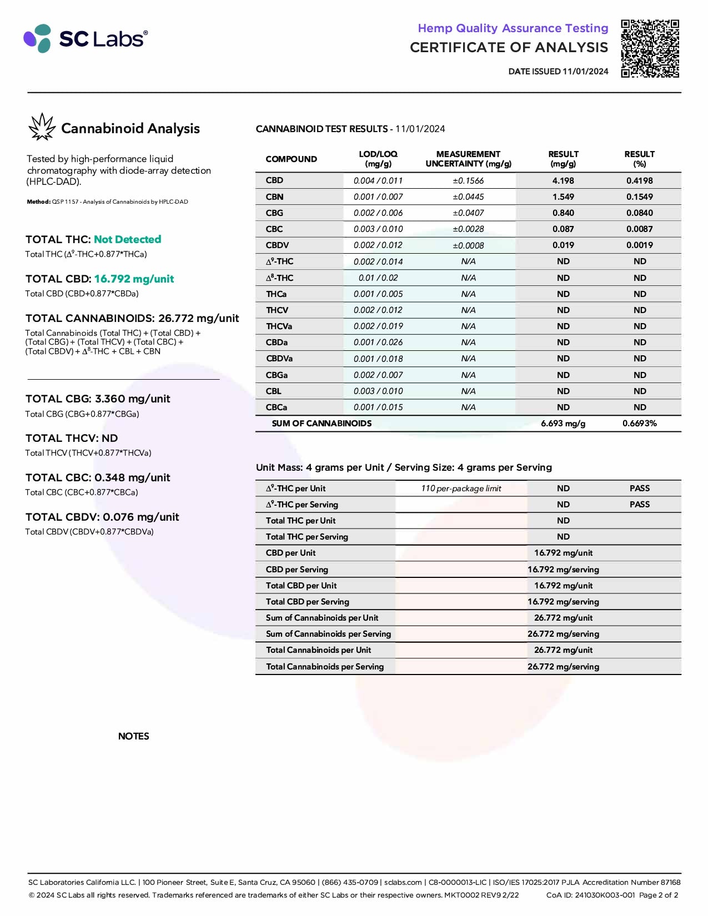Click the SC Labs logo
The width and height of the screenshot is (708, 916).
pyautogui.click(x=86, y=38)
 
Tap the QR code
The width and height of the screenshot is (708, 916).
pyautogui.click(x=650, y=49)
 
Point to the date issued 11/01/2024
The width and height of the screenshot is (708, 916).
pyautogui.click(x=558, y=72)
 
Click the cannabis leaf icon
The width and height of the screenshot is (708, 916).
pyautogui.click(x=42, y=127)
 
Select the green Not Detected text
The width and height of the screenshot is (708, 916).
pyautogui.click(x=127, y=239)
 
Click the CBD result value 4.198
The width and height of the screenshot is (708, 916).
pyautogui.click(x=563, y=180)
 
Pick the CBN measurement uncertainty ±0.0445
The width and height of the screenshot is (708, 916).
pyautogui.click(x=468, y=197)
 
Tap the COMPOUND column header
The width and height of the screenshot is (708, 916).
pyautogui.click(x=291, y=159)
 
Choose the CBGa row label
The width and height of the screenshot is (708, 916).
pyautogui.click(x=277, y=375)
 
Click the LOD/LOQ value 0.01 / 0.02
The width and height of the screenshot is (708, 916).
pyautogui.click(x=378, y=278)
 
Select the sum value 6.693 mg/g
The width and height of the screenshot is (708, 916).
pyautogui.click(x=563, y=423)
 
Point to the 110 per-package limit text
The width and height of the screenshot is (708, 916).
pyautogui.click(x=461, y=489)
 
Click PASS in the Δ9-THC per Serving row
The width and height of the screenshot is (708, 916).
pyautogui.click(x=639, y=504)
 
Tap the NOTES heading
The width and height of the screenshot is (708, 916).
pyautogui.click(x=134, y=736)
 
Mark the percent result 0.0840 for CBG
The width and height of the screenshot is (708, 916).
pyautogui.click(x=639, y=213)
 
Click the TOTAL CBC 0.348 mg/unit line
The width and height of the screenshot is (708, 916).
pyautogui.click(x=98, y=477)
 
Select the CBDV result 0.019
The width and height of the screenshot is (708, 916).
pyautogui.click(x=563, y=245)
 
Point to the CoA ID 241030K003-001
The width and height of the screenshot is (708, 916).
pyautogui.click(x=590, y=895)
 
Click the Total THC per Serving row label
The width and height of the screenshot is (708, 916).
pyautogui.click(x=307, y=536)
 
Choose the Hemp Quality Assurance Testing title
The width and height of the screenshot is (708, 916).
pyautogui.click(x=513, y=28)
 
